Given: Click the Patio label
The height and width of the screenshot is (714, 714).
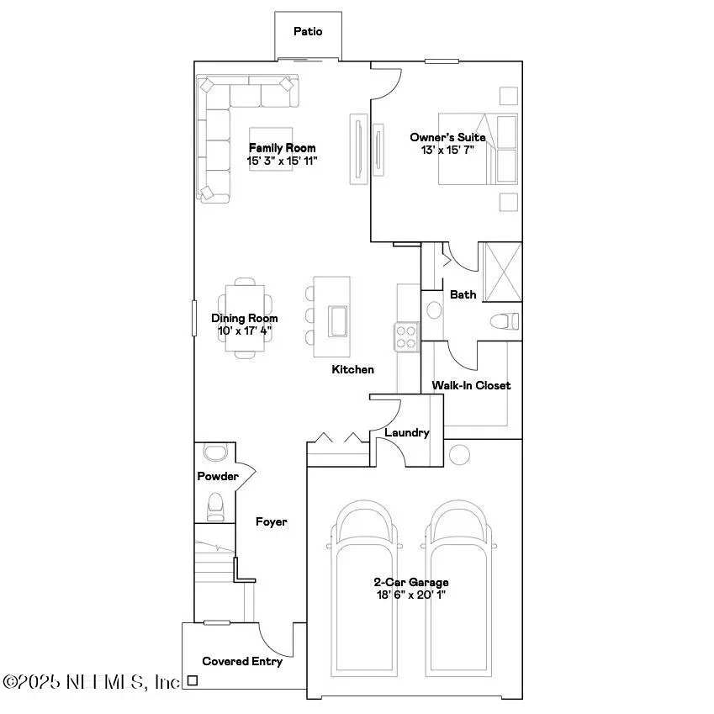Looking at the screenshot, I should pos(307,32).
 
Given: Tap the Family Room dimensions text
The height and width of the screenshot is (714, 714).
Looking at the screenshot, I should pos(282,160).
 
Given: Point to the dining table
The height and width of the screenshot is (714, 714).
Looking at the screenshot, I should pos(247,319).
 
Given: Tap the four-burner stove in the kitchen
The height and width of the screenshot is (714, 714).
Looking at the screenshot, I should pos(406,336).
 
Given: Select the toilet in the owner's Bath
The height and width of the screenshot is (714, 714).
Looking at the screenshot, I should pos(505,321).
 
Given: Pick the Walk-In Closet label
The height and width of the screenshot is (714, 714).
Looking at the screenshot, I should pos(471,385).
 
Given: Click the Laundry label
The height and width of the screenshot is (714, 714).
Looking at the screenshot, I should pos(407,433).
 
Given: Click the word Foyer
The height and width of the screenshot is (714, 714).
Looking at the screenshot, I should pos(272,522).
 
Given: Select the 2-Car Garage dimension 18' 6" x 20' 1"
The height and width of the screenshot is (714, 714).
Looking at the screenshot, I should pos(411,595).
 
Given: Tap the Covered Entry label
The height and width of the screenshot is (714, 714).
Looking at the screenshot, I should pos(242,661).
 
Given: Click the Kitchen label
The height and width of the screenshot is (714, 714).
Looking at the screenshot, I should pos(352,369).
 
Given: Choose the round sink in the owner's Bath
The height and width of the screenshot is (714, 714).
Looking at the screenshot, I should pos(434,309).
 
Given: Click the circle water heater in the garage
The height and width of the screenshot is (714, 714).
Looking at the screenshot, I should pos(459,455).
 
